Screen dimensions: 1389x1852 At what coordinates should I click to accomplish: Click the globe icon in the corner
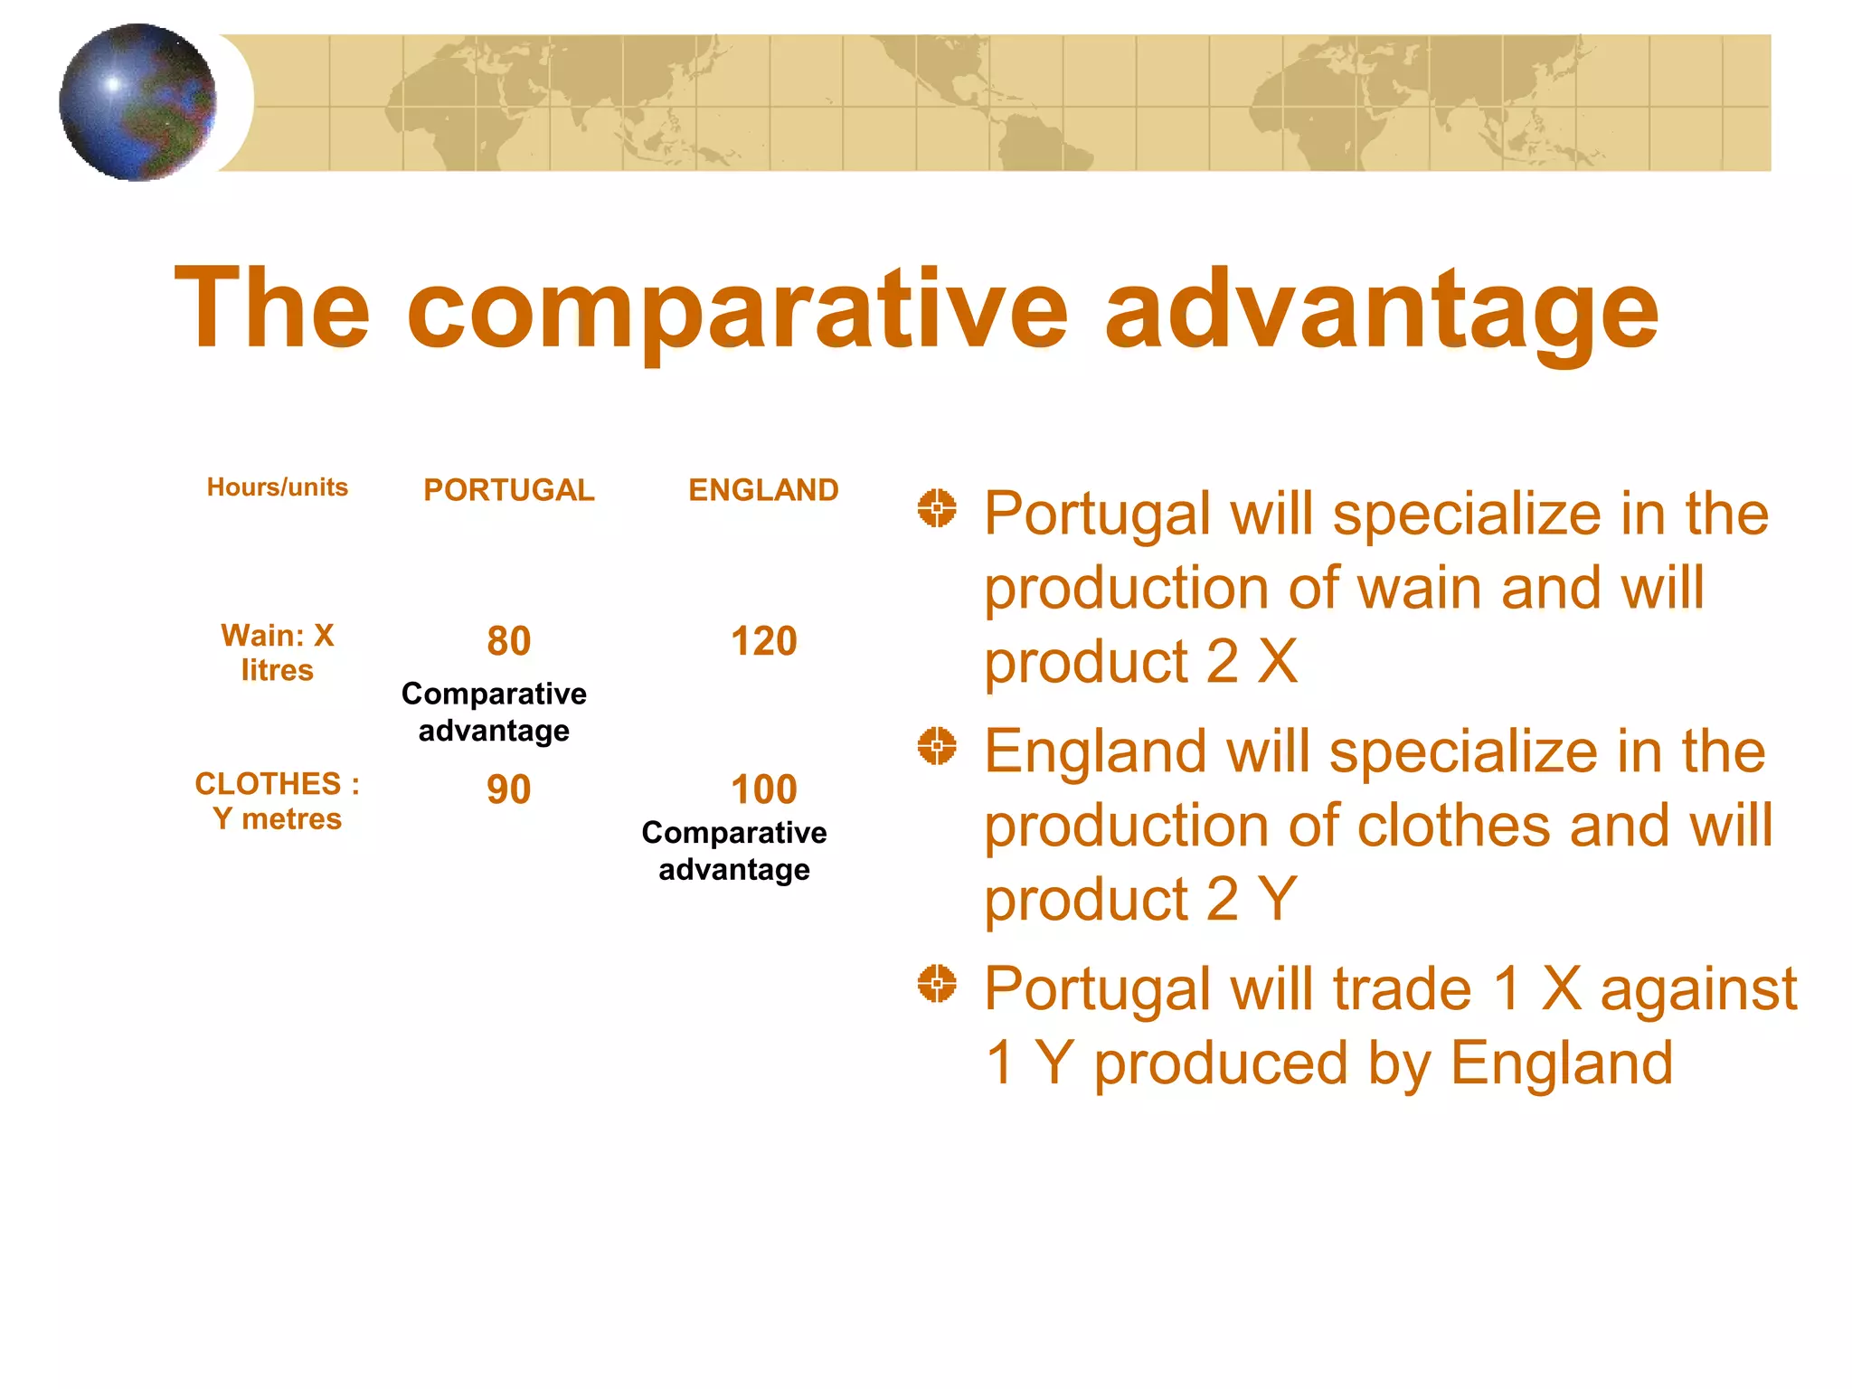(x=137, y=102)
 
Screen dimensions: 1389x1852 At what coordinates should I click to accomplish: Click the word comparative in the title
(x=737, y=309)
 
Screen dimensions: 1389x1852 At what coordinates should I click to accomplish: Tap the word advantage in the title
(x=1381, y=309)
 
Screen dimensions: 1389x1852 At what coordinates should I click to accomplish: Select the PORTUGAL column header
(x=509, y=490)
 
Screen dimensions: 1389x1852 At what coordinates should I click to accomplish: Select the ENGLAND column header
(x=763, y=490)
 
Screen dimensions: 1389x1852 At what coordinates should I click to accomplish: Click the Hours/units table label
(x=278, y=487)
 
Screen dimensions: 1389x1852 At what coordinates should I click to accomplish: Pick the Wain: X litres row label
(x=278, y=652)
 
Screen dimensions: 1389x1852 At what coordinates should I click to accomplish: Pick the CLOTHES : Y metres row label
(x=278, y=800)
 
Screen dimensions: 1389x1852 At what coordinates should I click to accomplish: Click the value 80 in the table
(x=509, y=641)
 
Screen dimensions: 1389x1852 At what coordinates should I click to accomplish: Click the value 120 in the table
(x=763, y=641)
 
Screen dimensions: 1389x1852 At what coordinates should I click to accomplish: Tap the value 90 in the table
(x=509, y=789)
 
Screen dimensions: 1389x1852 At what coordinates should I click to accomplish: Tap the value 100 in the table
(x=763, y=789)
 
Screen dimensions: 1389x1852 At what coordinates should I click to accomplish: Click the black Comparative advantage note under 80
(x=494, y=712)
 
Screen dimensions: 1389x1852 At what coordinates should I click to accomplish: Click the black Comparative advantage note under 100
(x=734, y=851)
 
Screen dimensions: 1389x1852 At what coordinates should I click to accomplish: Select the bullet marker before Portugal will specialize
(x=937, y=508)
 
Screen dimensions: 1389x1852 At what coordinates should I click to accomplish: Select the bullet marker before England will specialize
(x=937, y=746)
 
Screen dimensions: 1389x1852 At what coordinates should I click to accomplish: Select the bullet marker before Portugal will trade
(x=937, y=984)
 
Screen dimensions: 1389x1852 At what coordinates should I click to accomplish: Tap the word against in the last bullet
(x=1698, y=989)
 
